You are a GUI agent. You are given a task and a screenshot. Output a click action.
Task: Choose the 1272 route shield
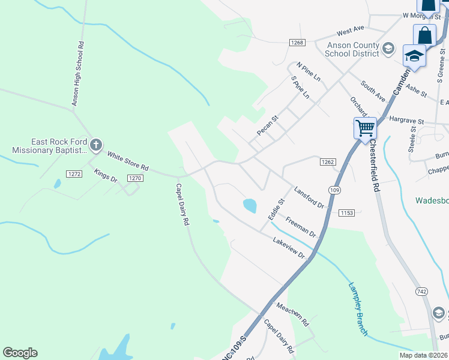tap(74, 174)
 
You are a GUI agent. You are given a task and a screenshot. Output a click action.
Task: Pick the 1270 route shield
tap(135, 178)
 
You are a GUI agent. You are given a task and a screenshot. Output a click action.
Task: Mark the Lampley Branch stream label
tap(358, 309)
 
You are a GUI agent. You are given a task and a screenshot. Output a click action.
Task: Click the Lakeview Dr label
tap(289, 248)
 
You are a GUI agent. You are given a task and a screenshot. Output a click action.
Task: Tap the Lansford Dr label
tap(309, 197)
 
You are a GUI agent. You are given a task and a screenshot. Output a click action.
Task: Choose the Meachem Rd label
tap(292, 314)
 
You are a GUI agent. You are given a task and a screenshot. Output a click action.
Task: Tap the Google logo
tap(20, 353)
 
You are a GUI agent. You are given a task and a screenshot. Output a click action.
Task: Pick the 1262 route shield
tap(327, 162)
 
